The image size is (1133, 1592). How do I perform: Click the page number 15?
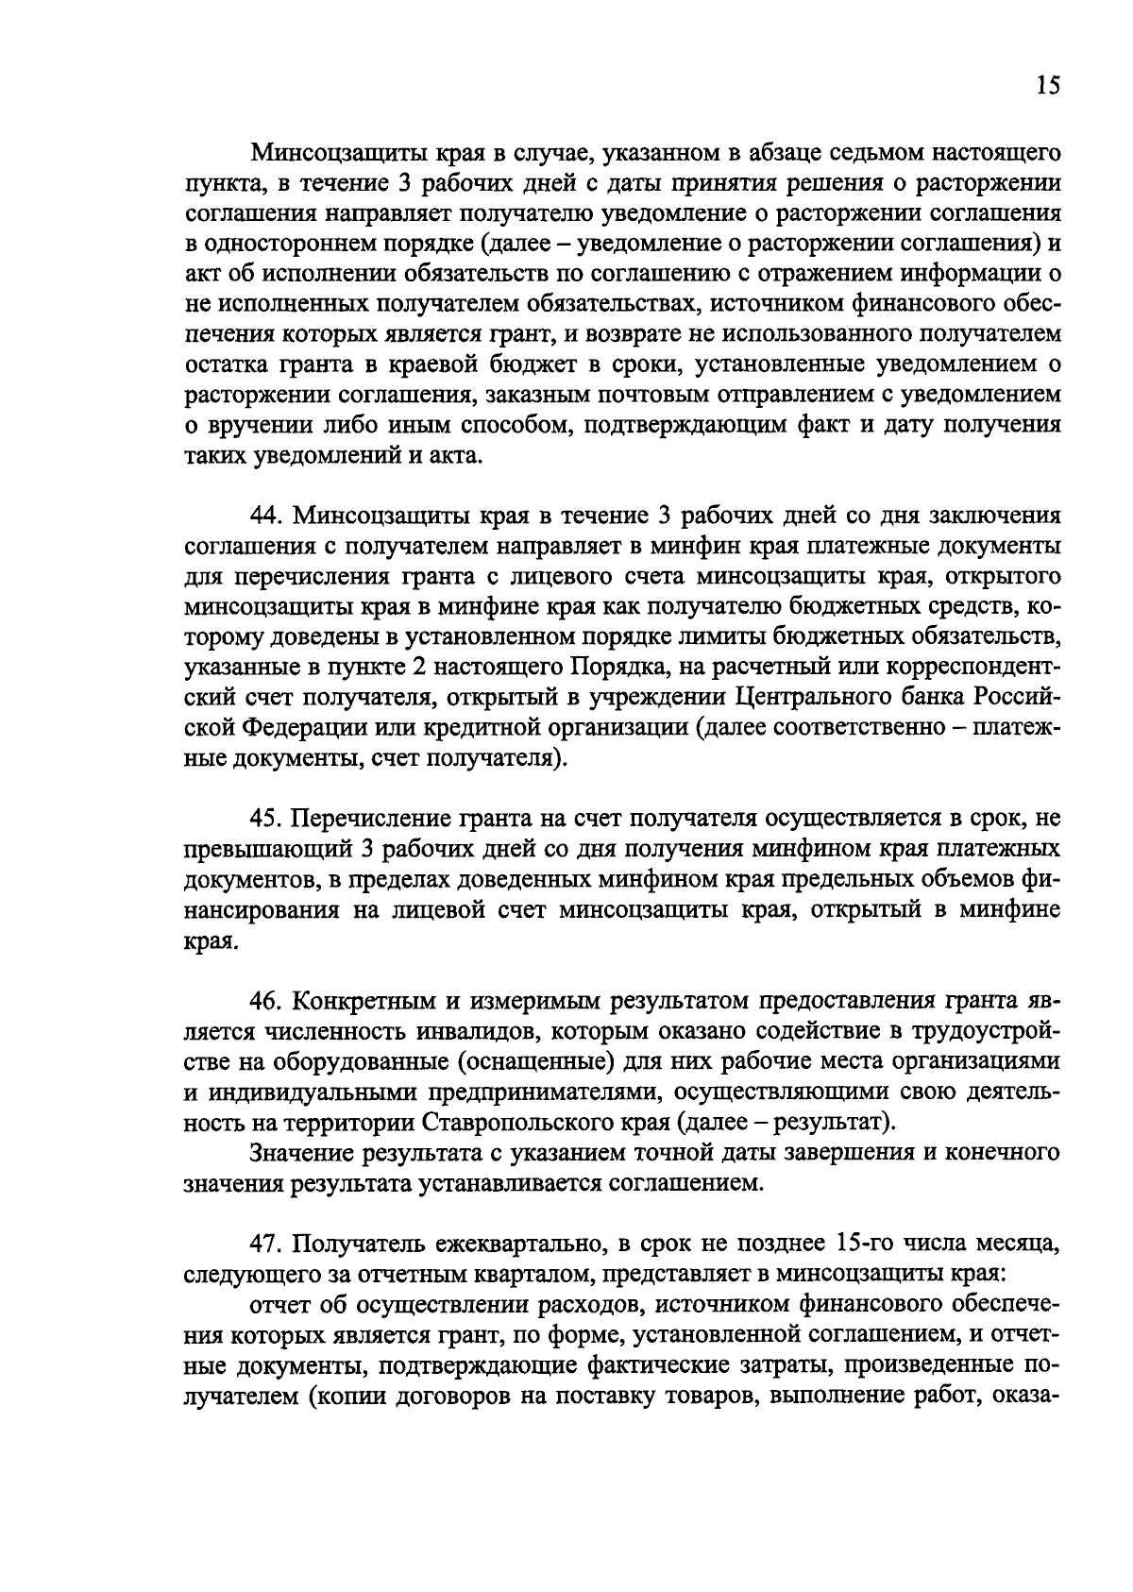tap(1048, 86)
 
